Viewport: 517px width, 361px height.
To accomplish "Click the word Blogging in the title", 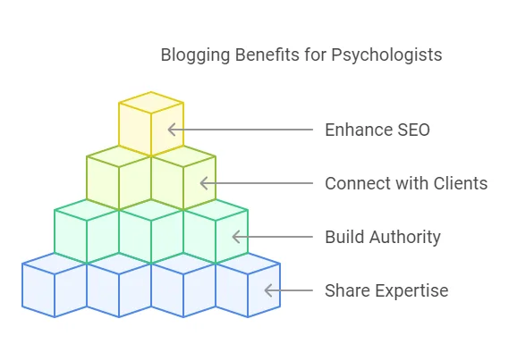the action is (x=195, y=55).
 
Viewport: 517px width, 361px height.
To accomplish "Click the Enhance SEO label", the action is (x=377, y=130).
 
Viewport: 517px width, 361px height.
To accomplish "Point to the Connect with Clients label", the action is (x=406, y=183).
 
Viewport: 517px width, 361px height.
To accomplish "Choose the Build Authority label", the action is (x=383, y=237).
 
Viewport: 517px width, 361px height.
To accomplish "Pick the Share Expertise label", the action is (x=386, y=290).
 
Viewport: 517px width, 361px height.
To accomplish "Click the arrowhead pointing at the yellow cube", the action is (x=171, y=130).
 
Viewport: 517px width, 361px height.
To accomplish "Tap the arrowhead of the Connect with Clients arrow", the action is (x=203, y=183).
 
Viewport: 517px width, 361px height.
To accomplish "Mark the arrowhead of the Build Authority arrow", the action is (x=236, y=237).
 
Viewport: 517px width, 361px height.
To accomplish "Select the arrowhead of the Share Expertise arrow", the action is (x=268, y=290).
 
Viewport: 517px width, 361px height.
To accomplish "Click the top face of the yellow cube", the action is (x=151, y=103).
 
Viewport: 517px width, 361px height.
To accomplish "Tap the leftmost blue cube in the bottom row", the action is (x=55, y=285).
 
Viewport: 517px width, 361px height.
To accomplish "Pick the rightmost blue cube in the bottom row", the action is (x=248, y=285).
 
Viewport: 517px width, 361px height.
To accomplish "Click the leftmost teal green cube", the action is (x=87, y=231).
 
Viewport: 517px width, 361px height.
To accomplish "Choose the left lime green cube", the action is (x=119, y=178).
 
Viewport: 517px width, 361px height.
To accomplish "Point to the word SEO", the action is (x=413, y=130).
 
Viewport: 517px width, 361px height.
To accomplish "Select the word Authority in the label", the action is (x=405, y=237).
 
